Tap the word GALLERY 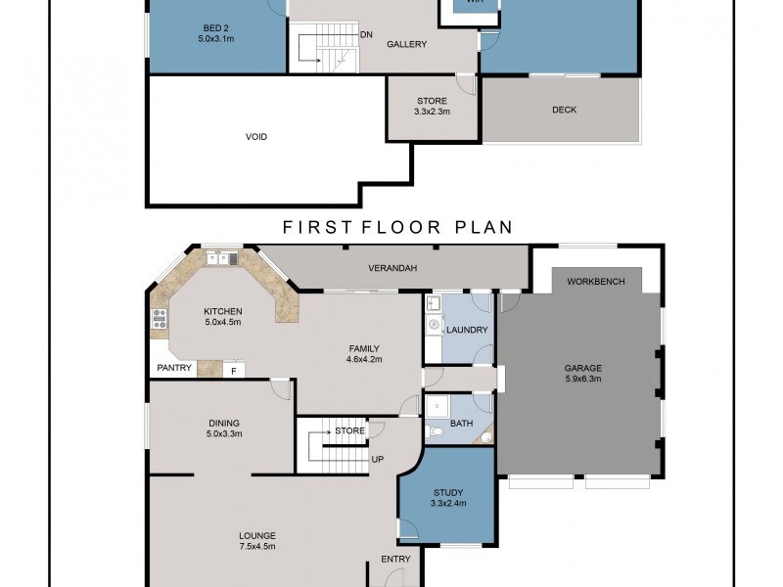pyautogui.click(x=406, y=44)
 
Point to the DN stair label pyautogui.click(x=366, y=34)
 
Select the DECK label pyautogui.click(x=564, y=110)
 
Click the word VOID pyautogui.click(x=256, y=137)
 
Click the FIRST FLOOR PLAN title pyautogui.click(x=397, y=227)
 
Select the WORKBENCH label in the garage pyautogui.click(x=595, y=281)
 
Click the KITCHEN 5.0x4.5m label pyautogui.click(x=223, y=317)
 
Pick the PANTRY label pyautogui.click(x=172, y=370)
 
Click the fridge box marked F pyautogui.click(x=234, y=370)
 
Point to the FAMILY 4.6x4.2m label pyautogui.click(x=364, y=353)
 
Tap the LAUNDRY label pyautogui.click(x=467, y=330)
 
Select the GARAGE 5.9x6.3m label pyautogui.click(x=582, y=374)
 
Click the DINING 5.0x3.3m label pyautogui.click(x=223, y=428)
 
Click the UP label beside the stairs pyautogui.click(x=376, y=458)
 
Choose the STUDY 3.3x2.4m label pyautogui.click(x=447, y=498)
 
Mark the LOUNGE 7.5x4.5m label pyautogui.click(x=257, y=541)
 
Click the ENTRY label pyautogui.click(x=395, y=559)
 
